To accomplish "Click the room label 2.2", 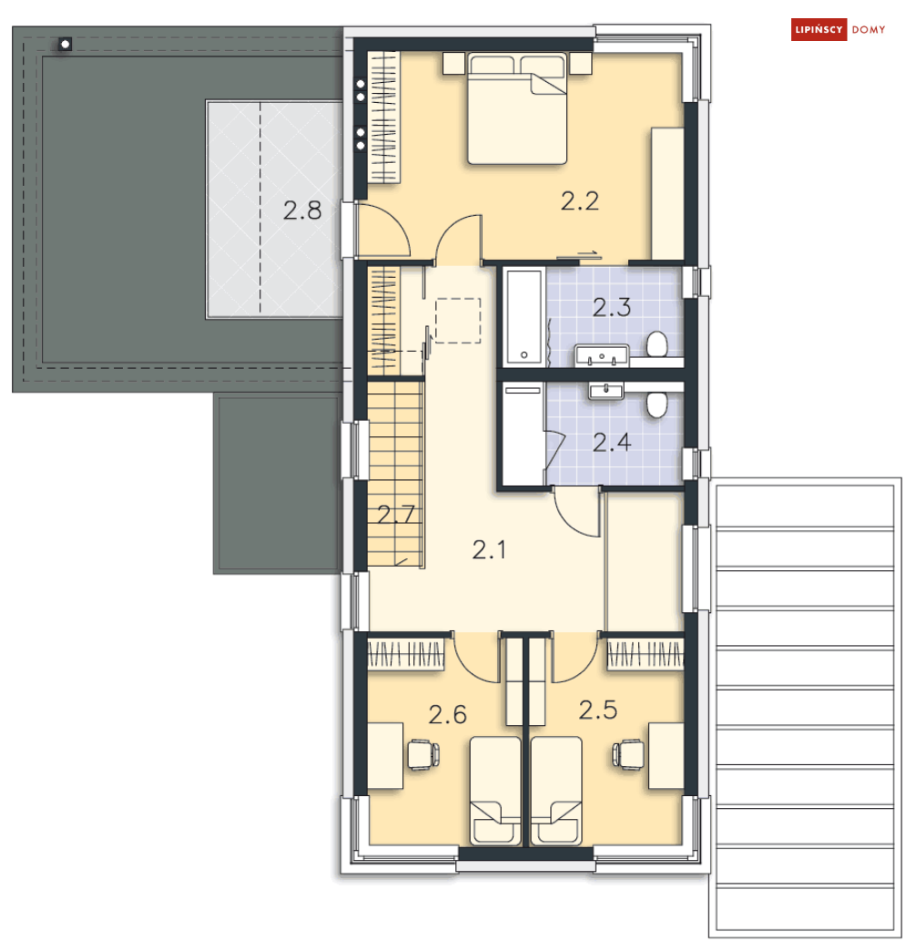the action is (x=580, y=201).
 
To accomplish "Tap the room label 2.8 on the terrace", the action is (x=302, y=210).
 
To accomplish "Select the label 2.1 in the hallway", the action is (x=489, y=549).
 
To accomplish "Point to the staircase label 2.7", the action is (x=396, y=515).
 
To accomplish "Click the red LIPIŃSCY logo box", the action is (x=819, y=29).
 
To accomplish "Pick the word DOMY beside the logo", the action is (x=868, y=29).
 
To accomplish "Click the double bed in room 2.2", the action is (x=517, y=108).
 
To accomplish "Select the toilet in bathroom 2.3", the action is (x=657, y=343).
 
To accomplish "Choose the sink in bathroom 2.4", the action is (x=606, y=392).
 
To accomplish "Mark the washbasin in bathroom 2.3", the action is (x=602, y=355).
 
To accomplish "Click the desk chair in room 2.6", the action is (x=423, y=754).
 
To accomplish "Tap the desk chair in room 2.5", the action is (x=628, y=754).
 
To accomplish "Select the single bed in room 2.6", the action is (x=495, y=791).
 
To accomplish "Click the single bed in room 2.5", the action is (x=556, y=791).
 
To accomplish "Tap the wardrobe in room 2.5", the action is (x=645, y=654).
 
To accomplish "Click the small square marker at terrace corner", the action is (x=65, y=44).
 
